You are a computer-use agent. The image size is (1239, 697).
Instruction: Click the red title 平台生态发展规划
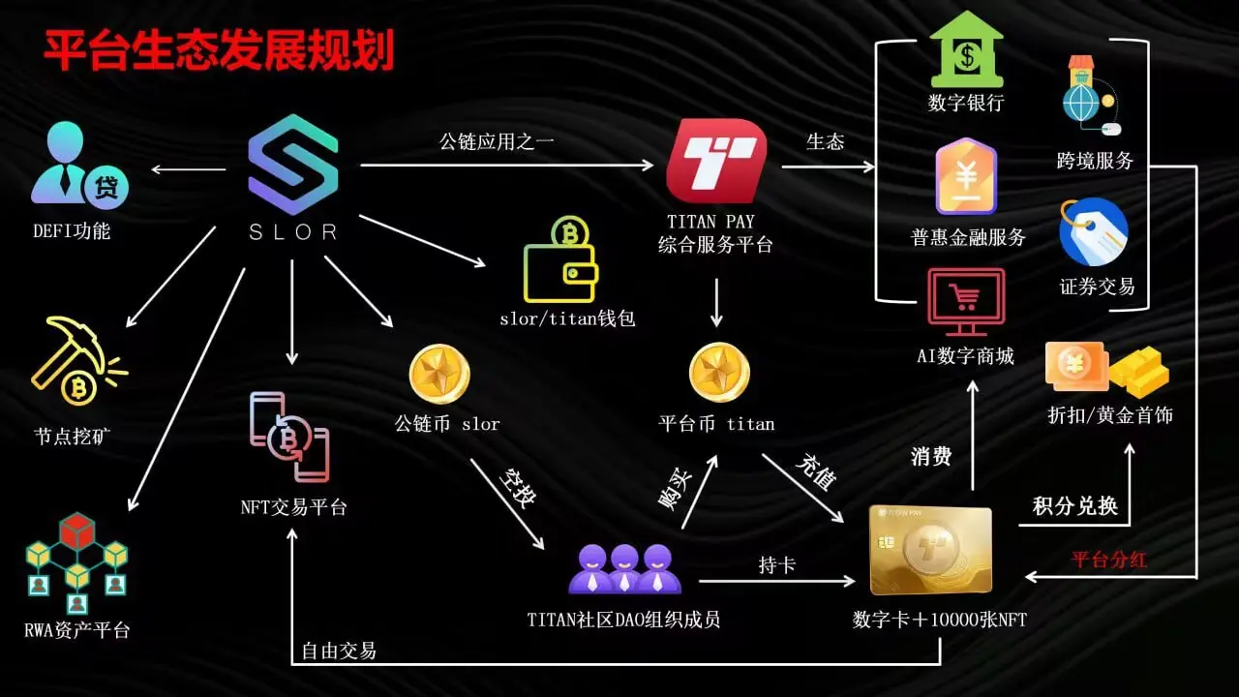219,50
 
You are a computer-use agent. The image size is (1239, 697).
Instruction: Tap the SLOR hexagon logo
292,164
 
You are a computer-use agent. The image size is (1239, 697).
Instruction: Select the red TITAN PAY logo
716,161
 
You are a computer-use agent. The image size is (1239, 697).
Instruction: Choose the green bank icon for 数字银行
966,49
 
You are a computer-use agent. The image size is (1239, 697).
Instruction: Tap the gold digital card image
930,550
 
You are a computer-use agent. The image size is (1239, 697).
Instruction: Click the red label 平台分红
1108,561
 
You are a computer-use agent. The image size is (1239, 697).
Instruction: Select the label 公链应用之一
497,141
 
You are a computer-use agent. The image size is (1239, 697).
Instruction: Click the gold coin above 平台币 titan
719,374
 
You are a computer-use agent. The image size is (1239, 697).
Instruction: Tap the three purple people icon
624,568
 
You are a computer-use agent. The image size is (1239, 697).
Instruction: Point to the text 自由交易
339,651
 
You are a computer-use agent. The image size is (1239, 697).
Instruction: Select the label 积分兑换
1074,506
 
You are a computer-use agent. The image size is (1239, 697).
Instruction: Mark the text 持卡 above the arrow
776,564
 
